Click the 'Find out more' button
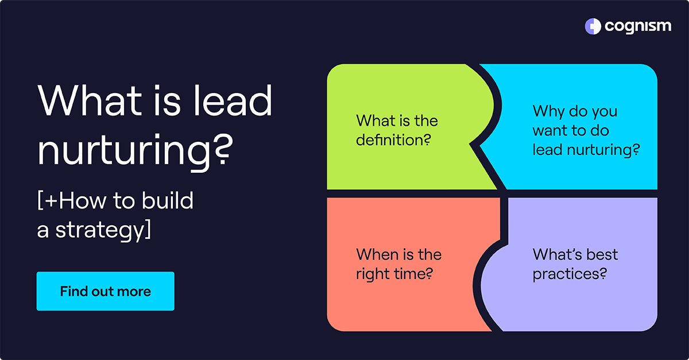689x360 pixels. coord(105,291)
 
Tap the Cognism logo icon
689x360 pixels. coord(592,26)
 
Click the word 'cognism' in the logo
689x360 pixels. coord(637,26)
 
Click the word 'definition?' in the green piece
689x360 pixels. coord(393,140)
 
